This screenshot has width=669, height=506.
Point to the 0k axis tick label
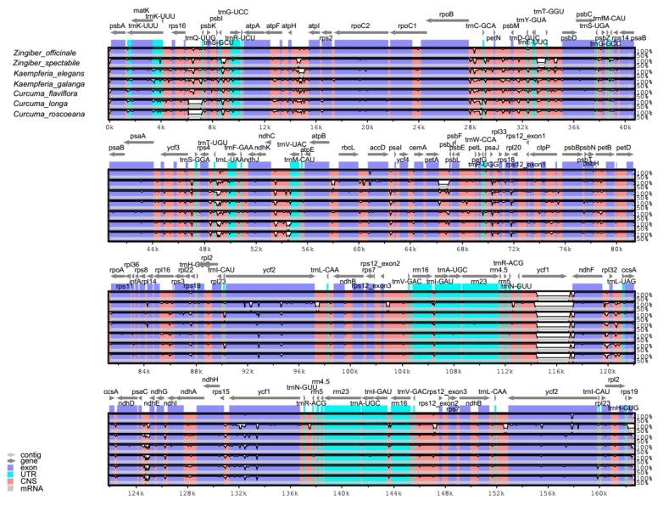click(x=110, y=127)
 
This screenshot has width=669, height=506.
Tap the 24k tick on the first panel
click(x=418, y=127)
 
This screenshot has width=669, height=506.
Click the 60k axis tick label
click(x=359, y=249)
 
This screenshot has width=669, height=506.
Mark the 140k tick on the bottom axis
click(x=341, y=492)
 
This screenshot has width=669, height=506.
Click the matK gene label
click(x=142, y=10)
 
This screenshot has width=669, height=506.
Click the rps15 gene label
click(x=221, y=391)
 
